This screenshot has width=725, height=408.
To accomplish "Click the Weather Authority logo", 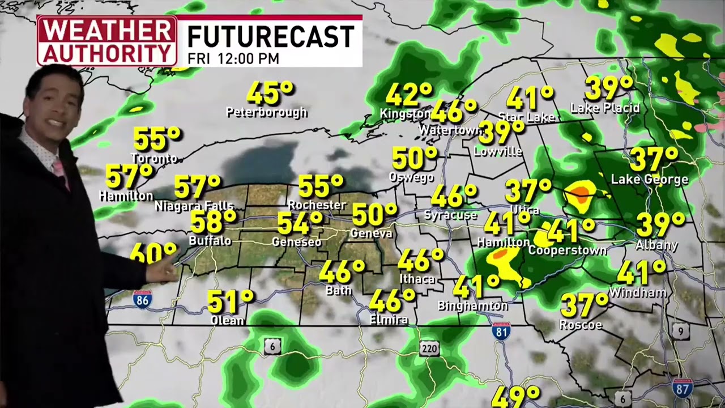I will pos(106,41).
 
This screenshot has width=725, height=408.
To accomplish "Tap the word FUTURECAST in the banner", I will pos(270,37).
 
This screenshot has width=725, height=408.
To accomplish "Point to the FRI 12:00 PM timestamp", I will pos(233,58).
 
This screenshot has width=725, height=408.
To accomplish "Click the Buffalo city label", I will pos(210,241).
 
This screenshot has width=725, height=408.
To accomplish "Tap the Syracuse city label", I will pos(450,215).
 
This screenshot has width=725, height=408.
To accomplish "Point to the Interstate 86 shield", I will pos(142,299).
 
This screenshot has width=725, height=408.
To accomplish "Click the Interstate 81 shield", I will pos(501,331).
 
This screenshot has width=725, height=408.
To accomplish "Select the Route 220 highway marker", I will pos(430,348).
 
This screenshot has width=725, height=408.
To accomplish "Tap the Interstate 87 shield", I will pos(682,388).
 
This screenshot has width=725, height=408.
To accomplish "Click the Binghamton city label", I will pos(472,306).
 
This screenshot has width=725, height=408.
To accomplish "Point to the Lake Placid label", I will pos(605,108).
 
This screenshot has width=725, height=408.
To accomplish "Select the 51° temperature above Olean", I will pos(230,301).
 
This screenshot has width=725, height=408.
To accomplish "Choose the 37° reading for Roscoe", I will pos(584,305).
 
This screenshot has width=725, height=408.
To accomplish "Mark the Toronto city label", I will pos(154,158).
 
